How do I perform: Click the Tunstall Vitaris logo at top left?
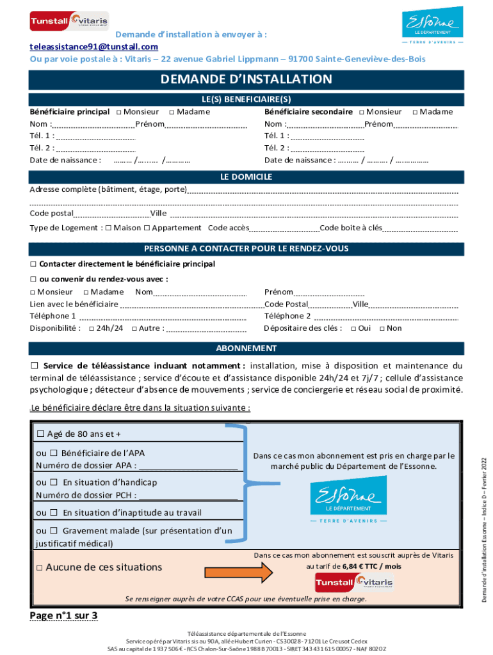click(69, 20)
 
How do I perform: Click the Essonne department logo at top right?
click(432, 25)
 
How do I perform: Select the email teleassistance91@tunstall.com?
click(94, 47)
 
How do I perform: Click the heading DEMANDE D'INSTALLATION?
click(246, 79)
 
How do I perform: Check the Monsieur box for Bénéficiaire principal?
click(120, 112)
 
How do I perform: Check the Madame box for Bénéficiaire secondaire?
click(416, 112)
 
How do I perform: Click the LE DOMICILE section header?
click(246, 177)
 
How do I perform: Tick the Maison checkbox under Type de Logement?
click(108, 228)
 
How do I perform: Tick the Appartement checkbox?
click(147, 228)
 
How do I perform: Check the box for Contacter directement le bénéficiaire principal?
click(33, 264)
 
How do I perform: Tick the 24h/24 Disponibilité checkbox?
click(91, 329)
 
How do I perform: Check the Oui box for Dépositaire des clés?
click(353, 329)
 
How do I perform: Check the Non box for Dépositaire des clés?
click(382, 329)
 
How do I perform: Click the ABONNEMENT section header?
click(246, 349)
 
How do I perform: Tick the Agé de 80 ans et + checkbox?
click(41, 434)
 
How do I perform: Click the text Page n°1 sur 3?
click(63, 616)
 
